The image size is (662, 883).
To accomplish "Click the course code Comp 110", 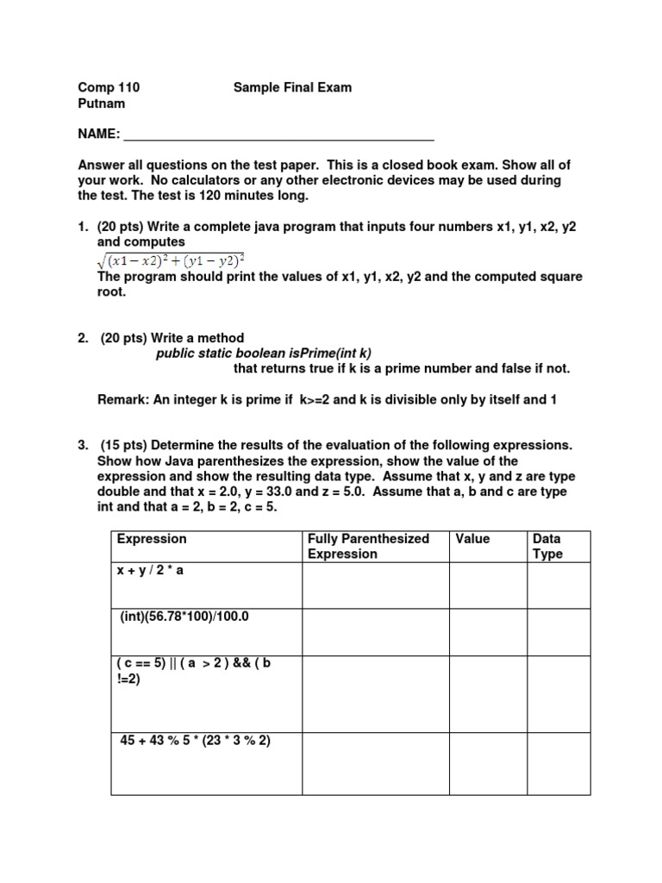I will click(109, 87).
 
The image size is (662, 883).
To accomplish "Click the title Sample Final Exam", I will click(292, 87).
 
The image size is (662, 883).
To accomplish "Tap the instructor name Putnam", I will click(102, 103).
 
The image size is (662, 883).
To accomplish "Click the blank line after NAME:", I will click(278, 135).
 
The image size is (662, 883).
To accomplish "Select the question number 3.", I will click(82, 446).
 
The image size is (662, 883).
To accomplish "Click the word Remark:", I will click(126, 399).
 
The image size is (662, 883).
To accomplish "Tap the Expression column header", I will click(152, 539).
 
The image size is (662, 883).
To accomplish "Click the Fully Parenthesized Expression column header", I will click(368, 546).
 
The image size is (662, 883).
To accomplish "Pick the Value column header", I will click(472, 539).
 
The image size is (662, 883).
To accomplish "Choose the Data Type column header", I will click(547, 546).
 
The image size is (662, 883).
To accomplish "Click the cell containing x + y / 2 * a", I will click(206, 586).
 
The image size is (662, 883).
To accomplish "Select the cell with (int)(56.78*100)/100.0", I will click(206, 632).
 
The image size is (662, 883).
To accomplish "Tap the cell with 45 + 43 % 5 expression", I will click(206, 763).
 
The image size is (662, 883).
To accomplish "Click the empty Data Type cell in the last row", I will click(559, 763).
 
